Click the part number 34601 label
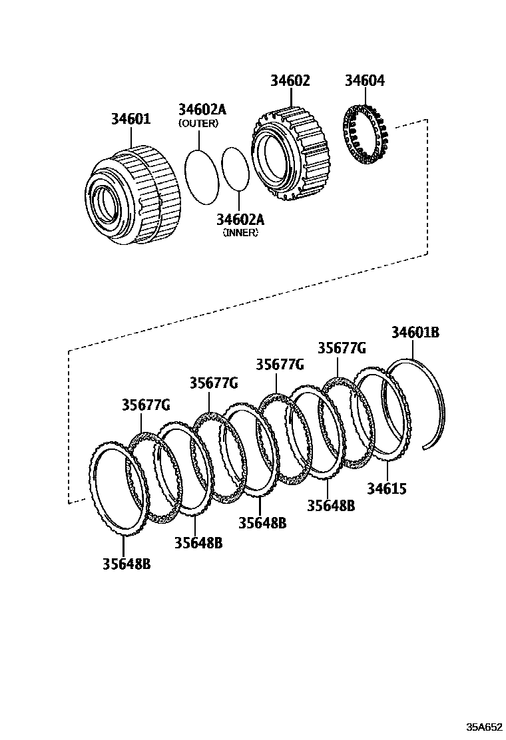tap(130, 119)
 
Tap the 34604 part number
tap(364, 81)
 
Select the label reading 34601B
tap(415, 332)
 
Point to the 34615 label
tap(387, 489)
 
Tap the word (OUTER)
tap(198, 123)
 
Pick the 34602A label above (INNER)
tap(240, 220)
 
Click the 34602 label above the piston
tap(290, 81)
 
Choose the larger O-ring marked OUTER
tap(201, 176)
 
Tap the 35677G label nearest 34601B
tap(342, 348)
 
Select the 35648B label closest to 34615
tap(331, 505)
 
